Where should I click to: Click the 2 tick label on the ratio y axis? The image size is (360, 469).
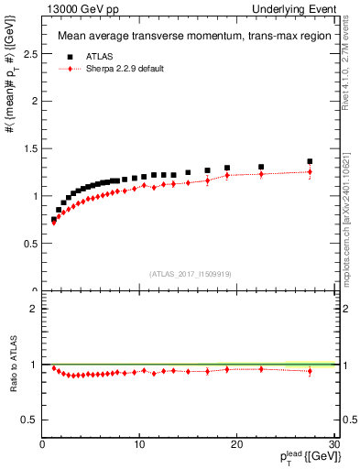click(x=34, y=309)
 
